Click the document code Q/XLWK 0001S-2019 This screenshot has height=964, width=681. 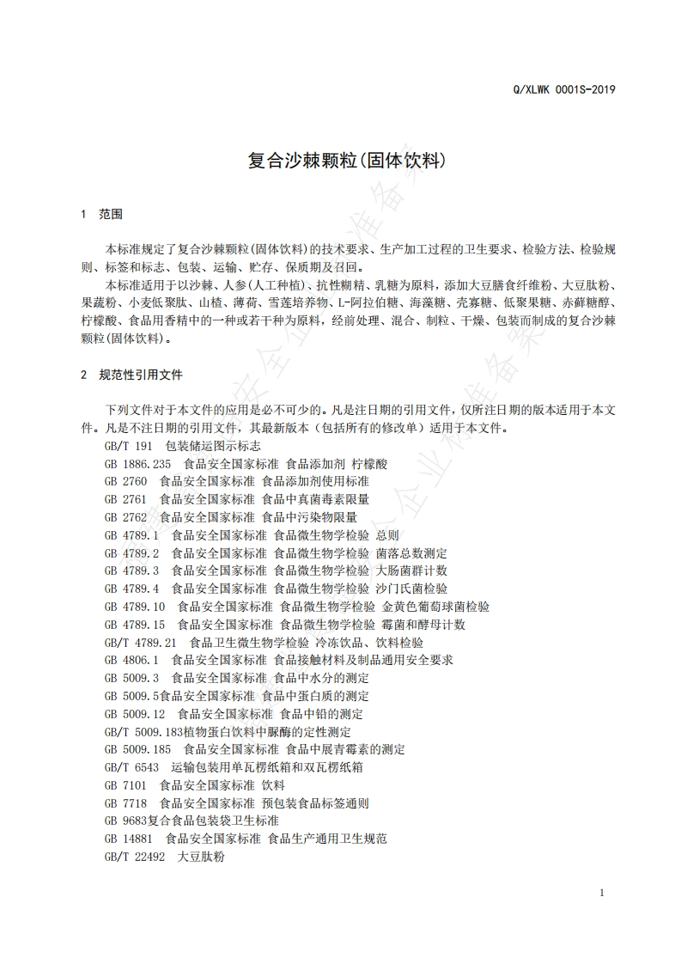pos(562,89)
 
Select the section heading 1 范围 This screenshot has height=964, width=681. pos(102,214)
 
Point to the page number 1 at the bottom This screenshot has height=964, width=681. pos(602,893)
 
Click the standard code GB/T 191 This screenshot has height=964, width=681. pos(128,446)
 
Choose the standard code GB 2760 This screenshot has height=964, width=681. pos(126,482)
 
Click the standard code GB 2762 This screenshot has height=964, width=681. pos(126,517)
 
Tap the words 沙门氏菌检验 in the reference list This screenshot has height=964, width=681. pos(411,589)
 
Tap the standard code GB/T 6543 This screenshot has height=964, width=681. pos(132,767)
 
